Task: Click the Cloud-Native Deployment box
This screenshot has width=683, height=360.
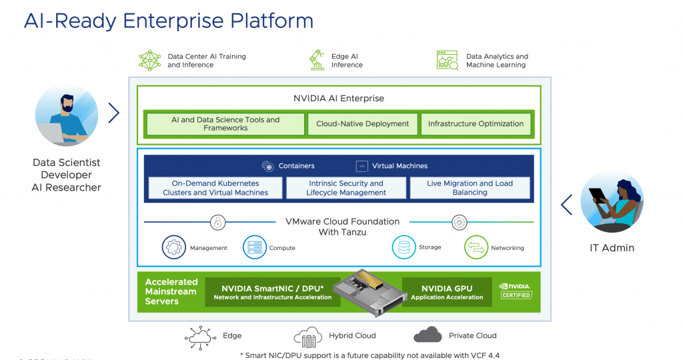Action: click(x=362, y=124)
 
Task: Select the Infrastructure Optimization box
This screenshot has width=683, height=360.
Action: click(x=476, y=124)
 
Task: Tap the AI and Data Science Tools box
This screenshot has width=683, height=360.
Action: click(x=225, y=124)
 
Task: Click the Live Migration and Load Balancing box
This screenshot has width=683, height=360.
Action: click(x=470, y=188)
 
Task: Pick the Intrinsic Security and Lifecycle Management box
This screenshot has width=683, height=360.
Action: click(x=346, y=188)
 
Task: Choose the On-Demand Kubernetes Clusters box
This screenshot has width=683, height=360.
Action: click(x=215, y=188)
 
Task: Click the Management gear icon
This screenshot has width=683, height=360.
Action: click(x=174, y=247)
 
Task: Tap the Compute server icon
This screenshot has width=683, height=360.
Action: click(x=254, y=247)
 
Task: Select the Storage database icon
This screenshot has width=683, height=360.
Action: click(x=404, y=247)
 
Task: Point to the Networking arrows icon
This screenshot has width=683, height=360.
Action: click(x=476, y=247)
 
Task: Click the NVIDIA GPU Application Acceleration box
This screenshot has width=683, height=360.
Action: click(x=447, y=293)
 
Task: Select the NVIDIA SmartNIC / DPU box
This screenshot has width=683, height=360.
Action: click(x=272, y=293)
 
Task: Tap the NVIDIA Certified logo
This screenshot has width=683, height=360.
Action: click(x=516, y=291)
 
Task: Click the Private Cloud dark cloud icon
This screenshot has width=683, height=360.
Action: click(x=428, y=335)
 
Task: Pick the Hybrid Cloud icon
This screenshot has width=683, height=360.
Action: click(x=307, y=337)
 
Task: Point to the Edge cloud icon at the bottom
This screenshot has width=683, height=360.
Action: click(x=200, y=337)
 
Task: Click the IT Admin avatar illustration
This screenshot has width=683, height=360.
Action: click(x=612, y=201)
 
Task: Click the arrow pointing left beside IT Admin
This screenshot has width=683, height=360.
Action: click(x=567, y=205)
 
